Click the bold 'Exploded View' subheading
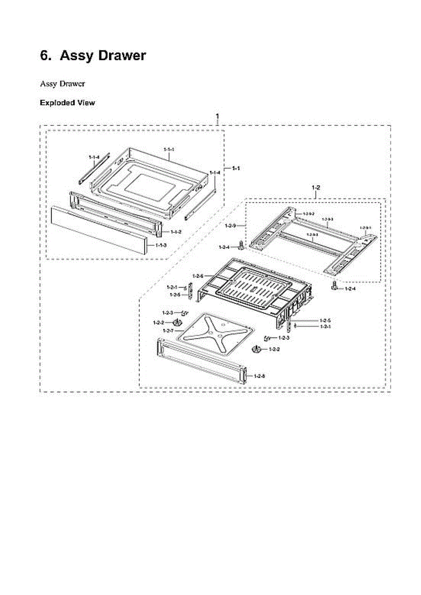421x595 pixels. tap(67, 103)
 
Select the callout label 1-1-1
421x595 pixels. tap(169, 148)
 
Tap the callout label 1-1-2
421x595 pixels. tap(176, 232)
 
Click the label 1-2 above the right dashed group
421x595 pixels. tap(315, 187)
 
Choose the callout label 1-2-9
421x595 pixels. tap(230, 226)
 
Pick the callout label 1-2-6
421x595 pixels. tap(198, 276)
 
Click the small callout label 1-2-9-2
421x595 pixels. tap(308, 213)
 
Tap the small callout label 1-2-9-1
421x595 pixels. tap(364, 227)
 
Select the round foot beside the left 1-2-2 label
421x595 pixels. tap(175, 323)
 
